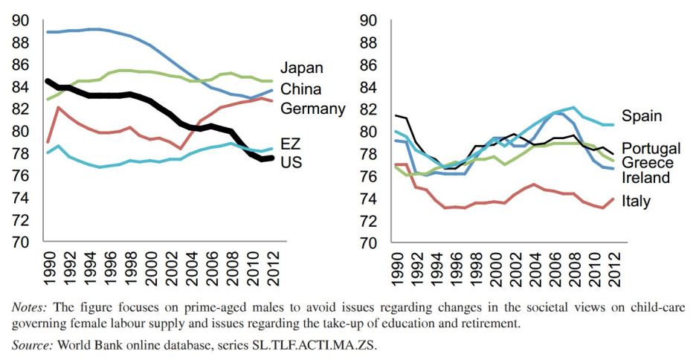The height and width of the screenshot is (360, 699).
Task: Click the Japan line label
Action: (301, 68)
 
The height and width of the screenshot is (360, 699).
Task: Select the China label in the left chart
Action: (300, 89)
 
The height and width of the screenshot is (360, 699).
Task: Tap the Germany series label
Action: (312, 109)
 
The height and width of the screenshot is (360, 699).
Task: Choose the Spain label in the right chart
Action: (642, 117)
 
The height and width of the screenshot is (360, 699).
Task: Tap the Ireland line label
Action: (646, 179)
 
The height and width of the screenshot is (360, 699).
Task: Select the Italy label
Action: (636, 202)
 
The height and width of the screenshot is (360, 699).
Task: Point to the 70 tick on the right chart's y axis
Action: (369, 242)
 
